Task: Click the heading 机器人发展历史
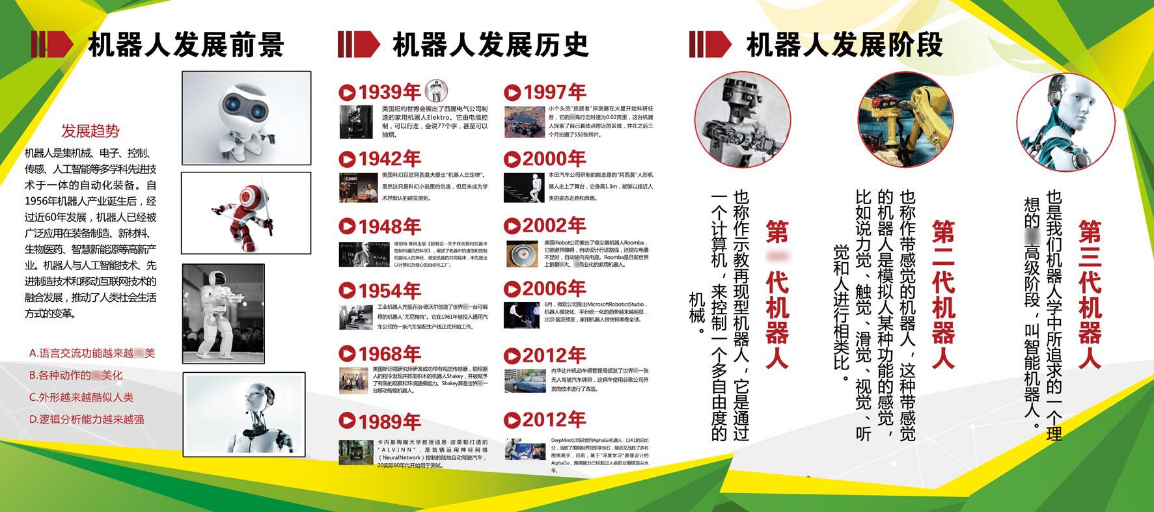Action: (x=491, y=45)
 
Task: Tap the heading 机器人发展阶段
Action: (x=844, y=45)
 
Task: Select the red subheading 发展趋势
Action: (x=90, y=131)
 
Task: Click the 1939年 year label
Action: (x=389, y=92)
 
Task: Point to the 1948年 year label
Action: (x=389, y=226)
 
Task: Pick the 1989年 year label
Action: (x=389, y=421)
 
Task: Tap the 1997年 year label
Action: (x=554, y=92)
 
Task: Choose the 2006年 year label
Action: (x=554, y=289)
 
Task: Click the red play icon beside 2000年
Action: (x=512, y=159)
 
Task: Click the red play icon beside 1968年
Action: (x=347, y=354)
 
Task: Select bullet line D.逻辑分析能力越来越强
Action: (x=87, y=420)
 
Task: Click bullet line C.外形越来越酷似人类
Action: (x=81, y=397)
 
